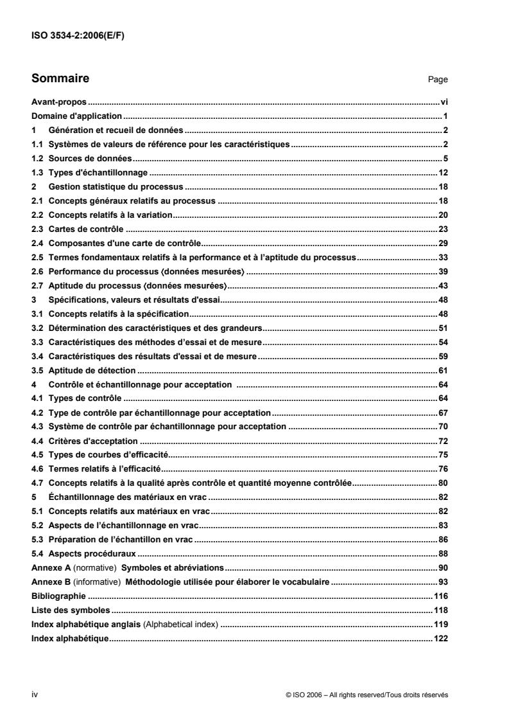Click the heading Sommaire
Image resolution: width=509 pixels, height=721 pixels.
pos(60,79)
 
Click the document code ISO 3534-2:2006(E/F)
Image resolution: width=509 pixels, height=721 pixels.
pos(78,36)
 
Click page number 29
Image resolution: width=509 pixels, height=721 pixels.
pos(443,243)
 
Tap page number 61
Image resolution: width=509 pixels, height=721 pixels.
pos(443,371)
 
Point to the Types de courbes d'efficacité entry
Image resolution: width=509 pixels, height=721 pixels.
pos(99,456)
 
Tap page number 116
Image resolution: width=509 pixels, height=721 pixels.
pos(441,596)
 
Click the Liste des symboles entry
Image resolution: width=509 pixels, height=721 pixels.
pos(71,610)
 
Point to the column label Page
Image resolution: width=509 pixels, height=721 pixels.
pos(438,80)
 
